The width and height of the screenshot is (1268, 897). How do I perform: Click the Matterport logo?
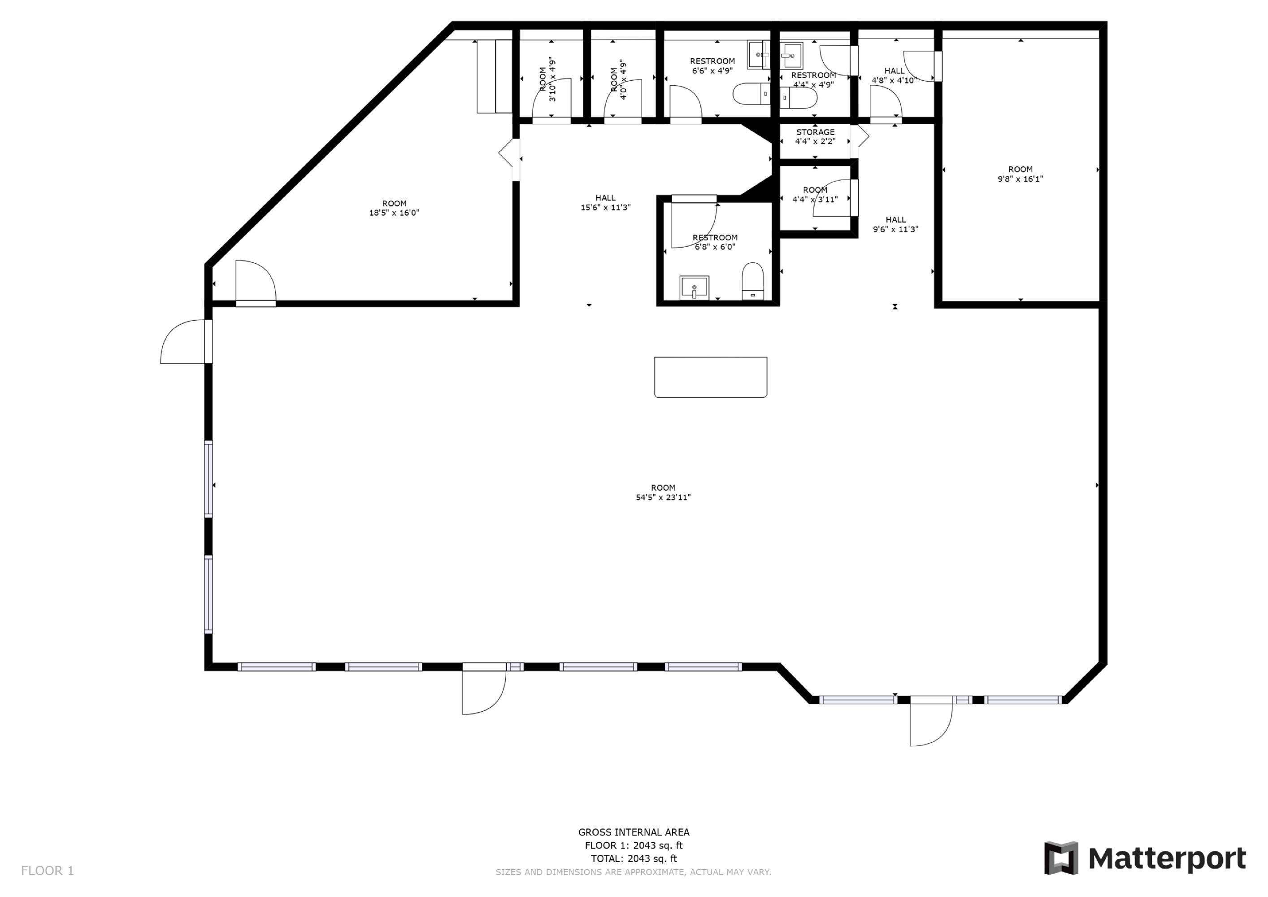[1145, 858]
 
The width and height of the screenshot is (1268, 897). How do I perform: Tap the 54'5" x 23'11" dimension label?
[663, 497]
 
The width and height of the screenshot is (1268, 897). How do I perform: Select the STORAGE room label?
[815, 132]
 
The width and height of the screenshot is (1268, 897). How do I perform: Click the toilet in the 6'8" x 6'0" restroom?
[753, 281]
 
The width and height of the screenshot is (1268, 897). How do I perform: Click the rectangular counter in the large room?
[711, 377]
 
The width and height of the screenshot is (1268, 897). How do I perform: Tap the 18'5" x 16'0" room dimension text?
[394, 213]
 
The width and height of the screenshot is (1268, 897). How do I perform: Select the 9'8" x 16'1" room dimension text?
[1020, 179]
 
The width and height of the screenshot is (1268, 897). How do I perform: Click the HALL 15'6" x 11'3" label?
[605, 203]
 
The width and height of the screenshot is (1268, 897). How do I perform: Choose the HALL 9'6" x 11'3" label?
[895, 224]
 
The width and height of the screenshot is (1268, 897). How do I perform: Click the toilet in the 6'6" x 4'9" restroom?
[751, 94]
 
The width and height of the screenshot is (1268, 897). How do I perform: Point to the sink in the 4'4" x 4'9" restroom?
[791, 55]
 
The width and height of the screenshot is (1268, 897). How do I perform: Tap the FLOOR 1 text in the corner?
[48, 871]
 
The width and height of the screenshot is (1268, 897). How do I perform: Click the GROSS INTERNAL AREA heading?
[634, 832]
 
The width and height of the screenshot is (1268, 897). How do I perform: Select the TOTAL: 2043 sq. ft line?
[634, 858]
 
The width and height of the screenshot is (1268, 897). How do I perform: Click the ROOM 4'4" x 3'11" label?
[815, 194]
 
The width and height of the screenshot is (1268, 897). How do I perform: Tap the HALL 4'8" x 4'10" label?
[895, 75]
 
